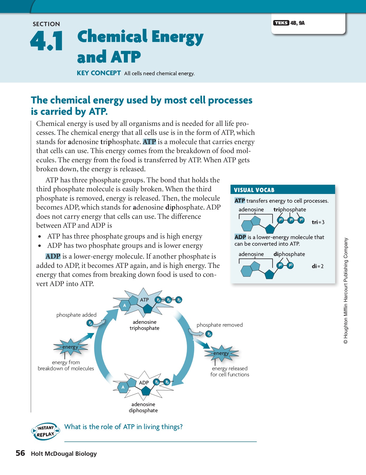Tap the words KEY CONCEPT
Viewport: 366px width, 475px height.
98,73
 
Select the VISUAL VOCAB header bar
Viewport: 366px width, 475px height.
283,190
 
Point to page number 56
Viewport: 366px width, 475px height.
20,453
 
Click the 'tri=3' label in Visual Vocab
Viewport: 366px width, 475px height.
318,222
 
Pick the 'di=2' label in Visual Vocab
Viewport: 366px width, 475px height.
318,266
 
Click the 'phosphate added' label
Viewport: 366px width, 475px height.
76,315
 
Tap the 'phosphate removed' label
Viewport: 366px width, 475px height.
219,325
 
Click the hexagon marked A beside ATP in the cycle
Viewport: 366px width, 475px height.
125,306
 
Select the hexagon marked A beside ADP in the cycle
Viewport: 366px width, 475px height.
123,387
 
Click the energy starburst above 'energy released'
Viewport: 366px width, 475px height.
221,353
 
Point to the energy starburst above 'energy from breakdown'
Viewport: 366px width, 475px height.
70,347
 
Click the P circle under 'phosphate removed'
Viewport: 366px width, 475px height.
209,334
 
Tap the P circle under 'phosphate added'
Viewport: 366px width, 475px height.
90,323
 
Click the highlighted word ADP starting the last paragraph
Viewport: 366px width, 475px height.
53,256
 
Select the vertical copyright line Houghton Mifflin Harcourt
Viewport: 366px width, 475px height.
346,290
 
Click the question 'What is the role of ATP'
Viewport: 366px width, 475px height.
123,427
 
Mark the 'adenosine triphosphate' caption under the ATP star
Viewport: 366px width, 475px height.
144,325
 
